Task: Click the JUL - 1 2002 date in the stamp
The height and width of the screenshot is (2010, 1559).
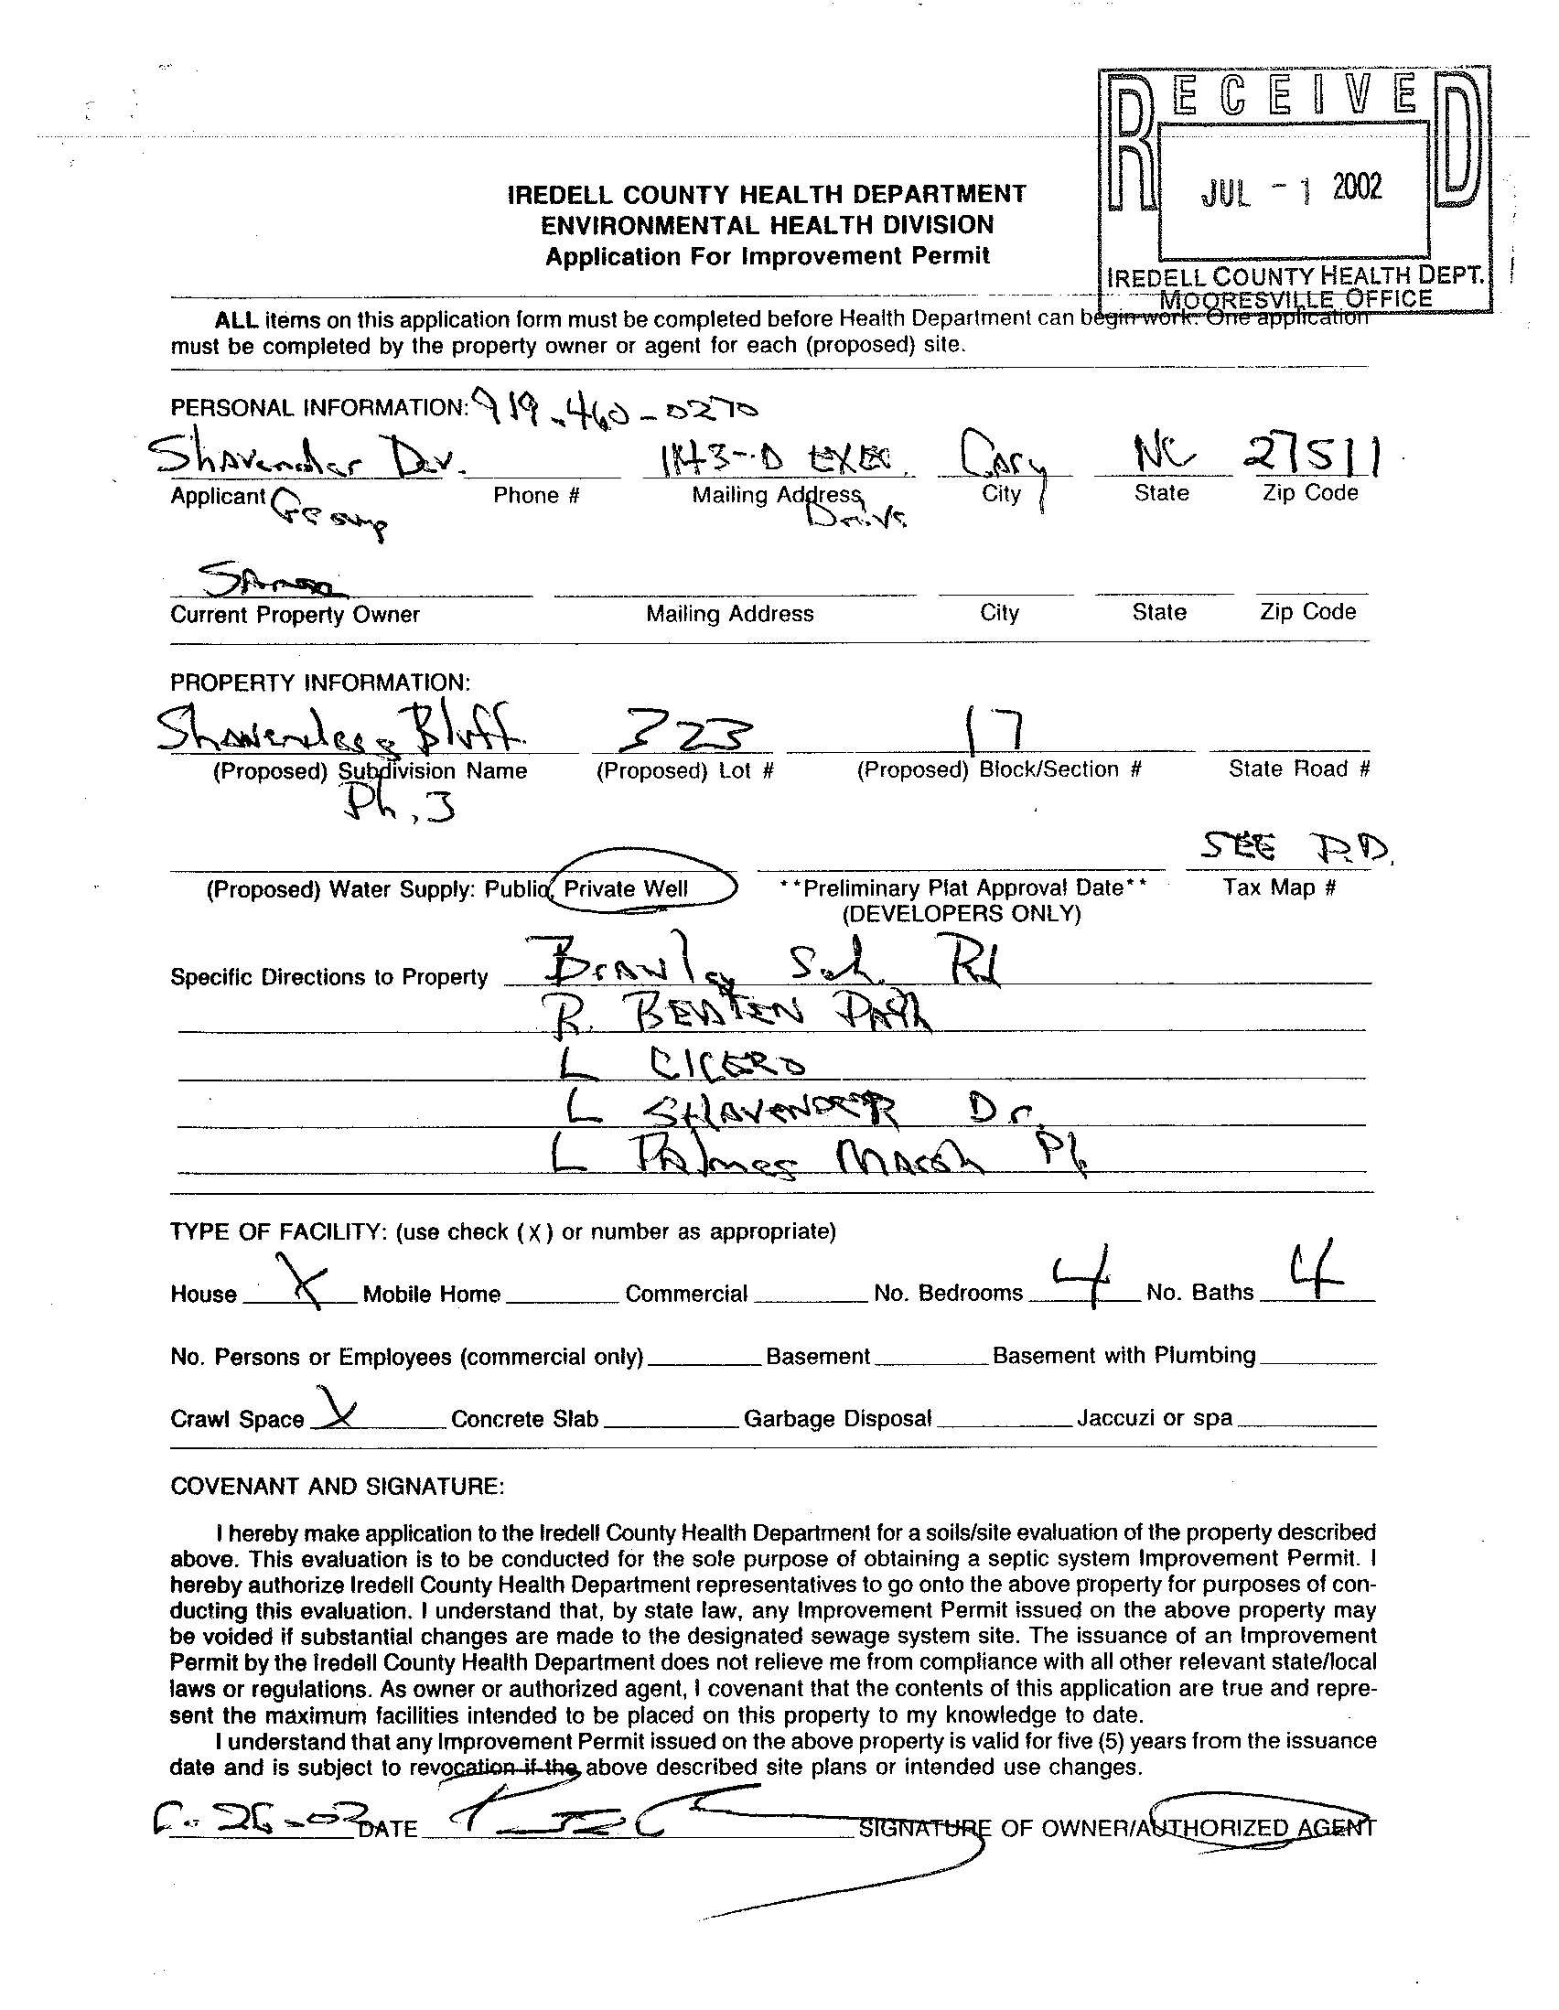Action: (1291, 189)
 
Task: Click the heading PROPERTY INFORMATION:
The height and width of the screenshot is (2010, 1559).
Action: (320, 683)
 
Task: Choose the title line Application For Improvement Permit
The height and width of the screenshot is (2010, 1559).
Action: (768, 257)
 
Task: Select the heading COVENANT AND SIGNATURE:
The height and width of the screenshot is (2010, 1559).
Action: (337, 1487)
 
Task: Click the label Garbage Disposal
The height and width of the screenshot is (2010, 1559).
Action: (837, 1418)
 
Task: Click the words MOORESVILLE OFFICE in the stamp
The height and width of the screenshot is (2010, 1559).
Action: (1296, 298)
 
